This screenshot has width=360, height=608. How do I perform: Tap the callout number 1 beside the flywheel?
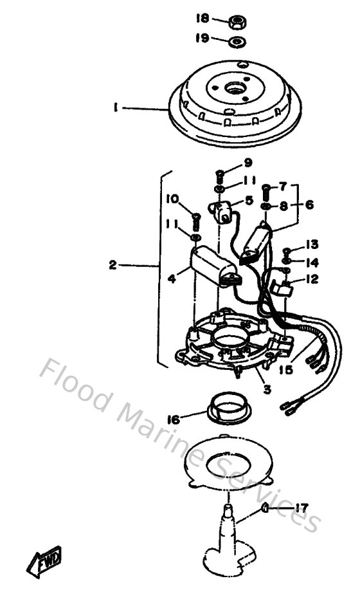pos(116,109)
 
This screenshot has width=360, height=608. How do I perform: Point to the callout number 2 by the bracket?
pos(113,264)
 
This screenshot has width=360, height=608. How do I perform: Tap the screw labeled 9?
pos(219,175)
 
